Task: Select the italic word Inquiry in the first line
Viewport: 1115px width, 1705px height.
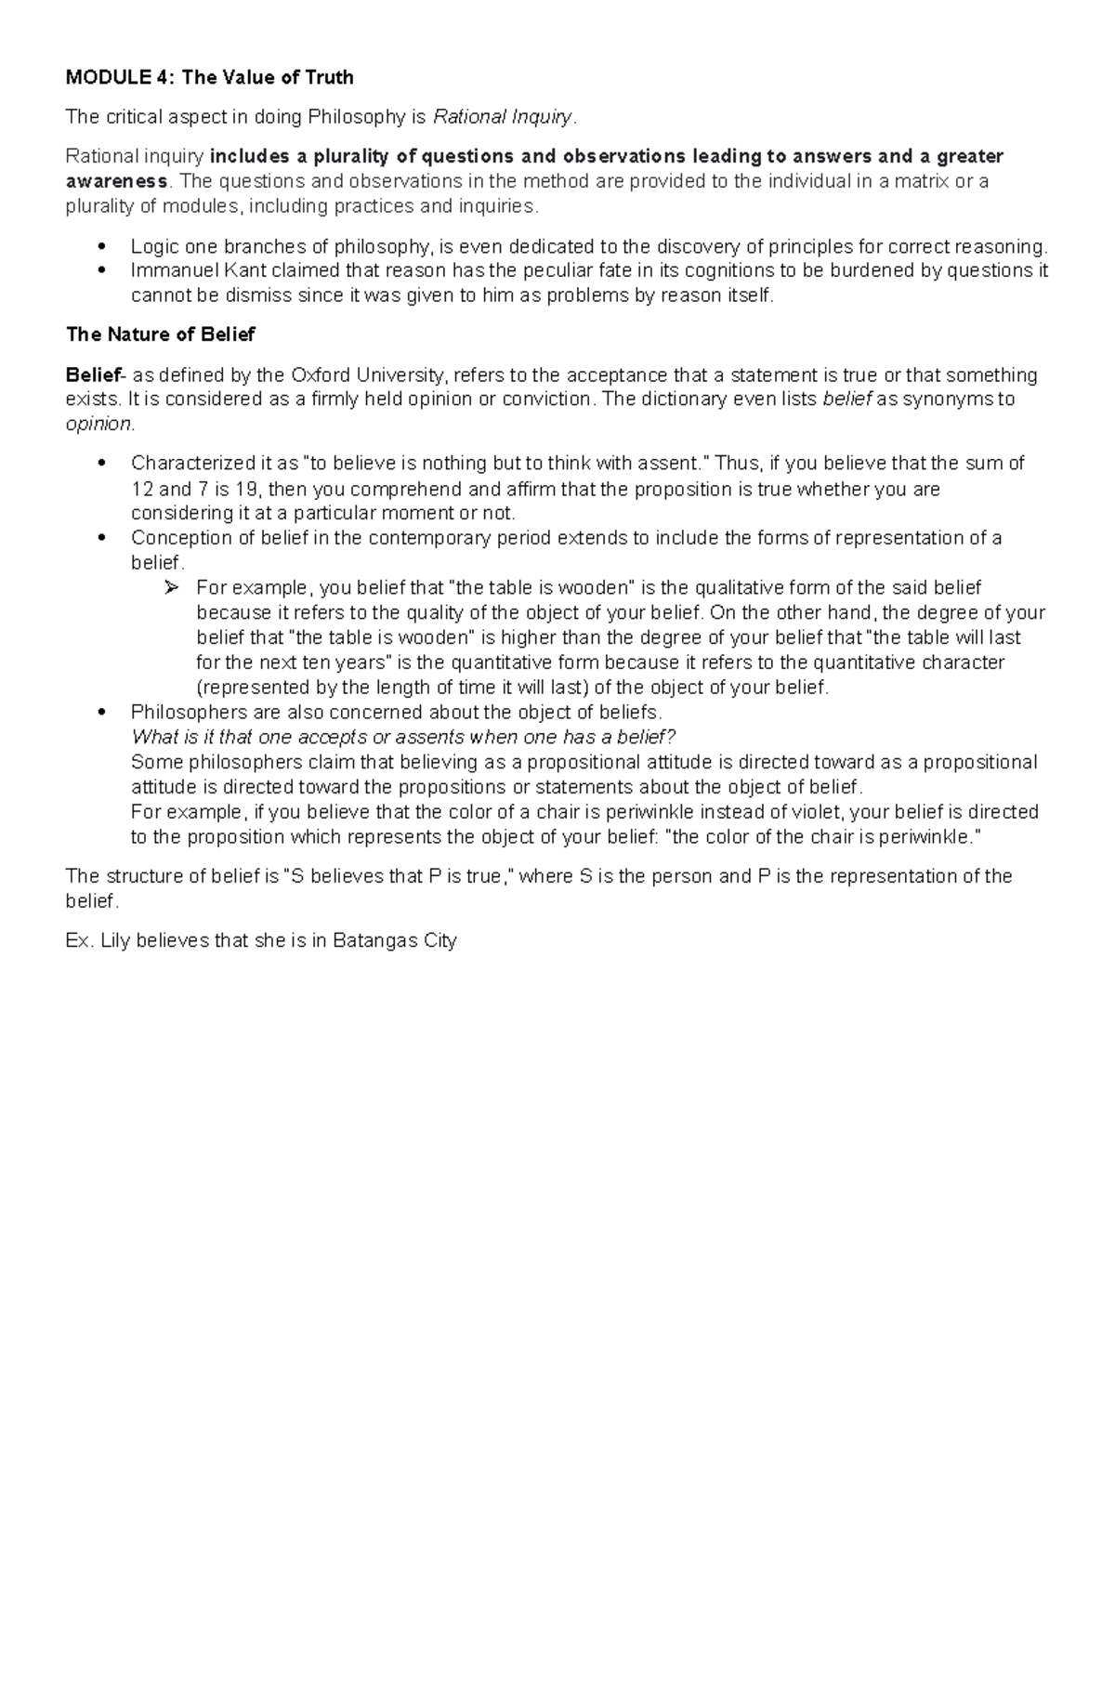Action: [540, 118]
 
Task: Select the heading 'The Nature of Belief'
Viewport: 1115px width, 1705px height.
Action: [160, 334]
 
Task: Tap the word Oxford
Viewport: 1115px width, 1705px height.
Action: [322, 375]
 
